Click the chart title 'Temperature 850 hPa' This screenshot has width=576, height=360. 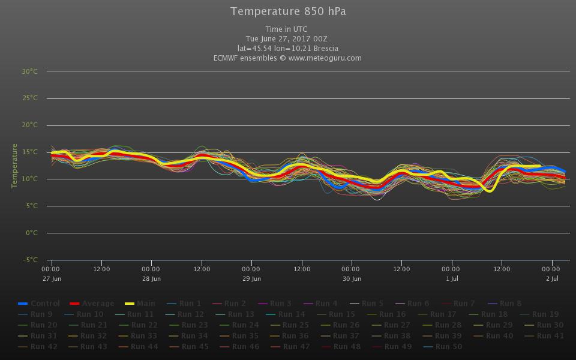point(288,11)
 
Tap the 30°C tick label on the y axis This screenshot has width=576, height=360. point(30,71)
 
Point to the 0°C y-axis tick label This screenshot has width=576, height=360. point(31,233)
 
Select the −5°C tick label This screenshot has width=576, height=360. point(30,260)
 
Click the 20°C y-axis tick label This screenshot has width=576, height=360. point(30,125)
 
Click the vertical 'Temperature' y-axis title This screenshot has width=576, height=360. point(14,166)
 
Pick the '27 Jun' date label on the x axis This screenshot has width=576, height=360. point(52,278)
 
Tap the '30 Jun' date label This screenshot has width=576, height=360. point(352,278)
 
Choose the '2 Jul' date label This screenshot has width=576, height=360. point(552,278)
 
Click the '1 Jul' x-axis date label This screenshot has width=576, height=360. point(452,278)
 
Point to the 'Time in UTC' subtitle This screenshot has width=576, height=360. point(287,29)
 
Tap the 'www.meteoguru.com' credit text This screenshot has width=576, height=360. point(325,58)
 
